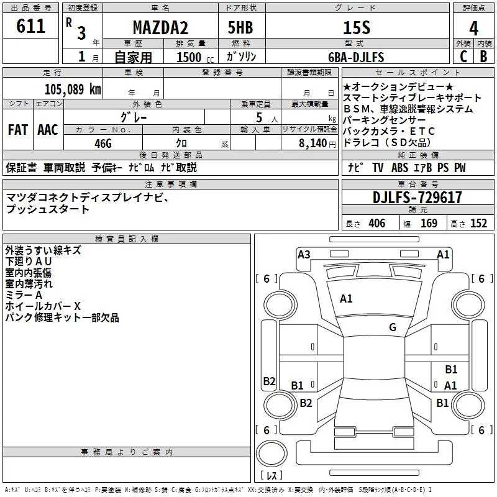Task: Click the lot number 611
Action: coord(31,26)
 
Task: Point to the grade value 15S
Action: coord(357,27)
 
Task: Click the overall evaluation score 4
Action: coord(474,28)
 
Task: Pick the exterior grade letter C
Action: coord(463,57)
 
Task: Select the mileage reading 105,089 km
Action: coord(73,89)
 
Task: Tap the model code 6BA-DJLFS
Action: coord(356,58)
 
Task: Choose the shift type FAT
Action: coord(17,130)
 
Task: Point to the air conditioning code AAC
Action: coord(47,130)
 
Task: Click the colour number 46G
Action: coord(103,142)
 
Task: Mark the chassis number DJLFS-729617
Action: coord(417,197)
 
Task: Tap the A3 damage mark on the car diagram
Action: coord(304,254)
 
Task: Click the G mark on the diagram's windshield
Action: coord(392,327)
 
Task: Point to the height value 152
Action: coord(478,224)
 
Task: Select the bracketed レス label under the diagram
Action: coord(271,476)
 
